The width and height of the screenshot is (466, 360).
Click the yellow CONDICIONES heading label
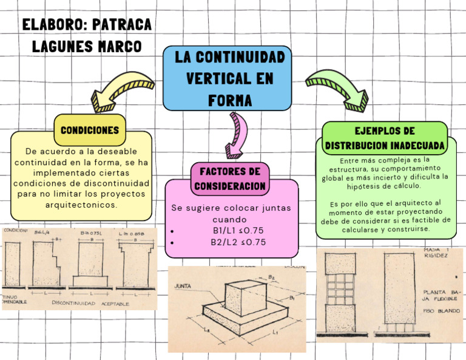click(x=89, y=130)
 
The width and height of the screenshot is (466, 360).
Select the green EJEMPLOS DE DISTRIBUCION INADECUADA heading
click(x=385, y=138)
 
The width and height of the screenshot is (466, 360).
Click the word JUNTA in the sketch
click(x=183, y=285)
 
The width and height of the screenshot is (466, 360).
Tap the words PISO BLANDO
click(x=441, y=311)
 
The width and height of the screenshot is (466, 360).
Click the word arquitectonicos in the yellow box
click(x=81, y=205)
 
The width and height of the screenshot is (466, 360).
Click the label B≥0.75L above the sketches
click(x=92, y=233)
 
